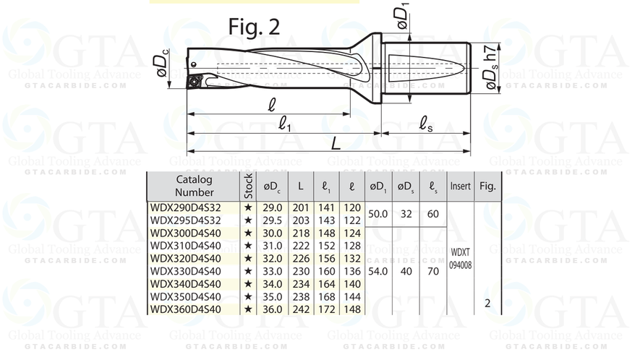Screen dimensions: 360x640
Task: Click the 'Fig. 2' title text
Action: pyautogui.click(x=254, y=26)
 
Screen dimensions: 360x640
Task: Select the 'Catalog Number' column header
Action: pyautogui.click(x=194, y=186)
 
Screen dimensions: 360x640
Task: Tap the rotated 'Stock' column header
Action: pyautogui.click(x=248, y=187)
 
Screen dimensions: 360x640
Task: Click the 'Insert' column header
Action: pyautogui.click(x=460, y=187)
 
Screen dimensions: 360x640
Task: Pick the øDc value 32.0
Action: pyautogui.click(x=272, y=258)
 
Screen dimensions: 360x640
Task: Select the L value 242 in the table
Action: pyautogui.click(x=300, y=309)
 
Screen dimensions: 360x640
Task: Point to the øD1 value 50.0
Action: pyautogui.click(x=378, y=214)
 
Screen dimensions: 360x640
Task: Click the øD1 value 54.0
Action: pyautogui.click(x=378, y=270)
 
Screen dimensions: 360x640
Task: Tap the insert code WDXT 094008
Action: pyautogui.click(x=460, y=259)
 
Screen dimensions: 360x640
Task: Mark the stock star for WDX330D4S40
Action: pyautogui.click(x=248, y=271)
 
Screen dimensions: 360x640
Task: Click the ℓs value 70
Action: pyautogui.click(x=432, y=270)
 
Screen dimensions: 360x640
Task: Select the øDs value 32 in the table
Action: pyautogui.click(x=406, y=214)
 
